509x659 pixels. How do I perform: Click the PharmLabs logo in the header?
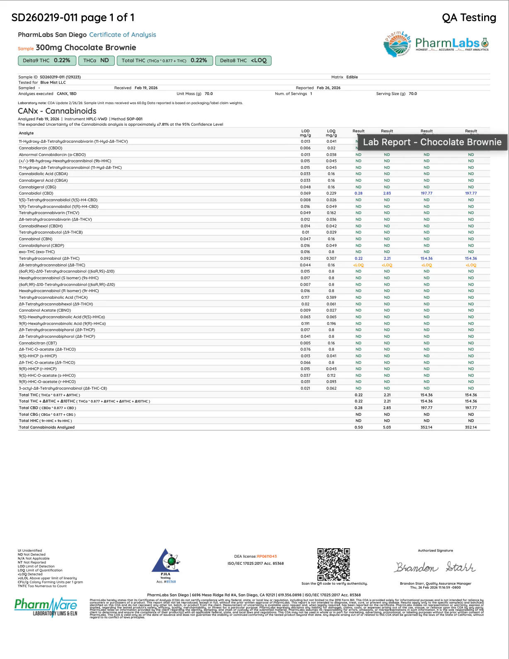click(436, 44)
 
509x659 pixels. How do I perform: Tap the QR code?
click(334, 564)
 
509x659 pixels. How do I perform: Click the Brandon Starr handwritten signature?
click(435, 567)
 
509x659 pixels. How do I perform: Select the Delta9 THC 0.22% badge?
click(47, 61)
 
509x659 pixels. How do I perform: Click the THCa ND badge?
click(96, 61)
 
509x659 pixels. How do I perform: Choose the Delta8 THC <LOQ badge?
click(243, 61)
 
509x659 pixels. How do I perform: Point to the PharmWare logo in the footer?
click(46, 607)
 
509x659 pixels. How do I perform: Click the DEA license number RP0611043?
click(267, 556)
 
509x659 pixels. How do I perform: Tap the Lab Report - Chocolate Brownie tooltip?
click(432, 142)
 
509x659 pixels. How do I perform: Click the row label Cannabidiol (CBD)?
click(36, 193)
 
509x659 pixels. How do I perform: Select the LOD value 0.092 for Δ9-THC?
click(305, 259)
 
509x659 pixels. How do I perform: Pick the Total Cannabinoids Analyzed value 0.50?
click(359, 427)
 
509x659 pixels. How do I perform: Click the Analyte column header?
click(26, 133)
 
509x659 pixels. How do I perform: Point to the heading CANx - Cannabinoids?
click(57, 111)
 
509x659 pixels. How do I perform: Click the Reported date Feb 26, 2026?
click(328, 88)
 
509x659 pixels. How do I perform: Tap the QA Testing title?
click(469, 18)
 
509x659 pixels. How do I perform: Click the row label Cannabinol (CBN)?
click(36, 239)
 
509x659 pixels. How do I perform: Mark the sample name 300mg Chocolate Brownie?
click(86, 48)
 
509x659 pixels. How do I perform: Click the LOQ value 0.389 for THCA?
click(331, 298)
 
